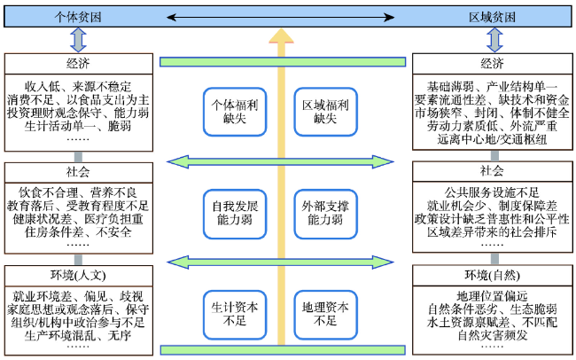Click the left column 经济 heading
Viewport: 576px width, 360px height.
point(77,64)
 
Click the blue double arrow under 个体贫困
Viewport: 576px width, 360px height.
point(77,40)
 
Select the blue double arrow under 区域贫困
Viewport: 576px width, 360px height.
point(493,40)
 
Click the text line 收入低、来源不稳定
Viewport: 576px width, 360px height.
point(77,85)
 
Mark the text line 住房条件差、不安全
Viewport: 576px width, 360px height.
point(77,232)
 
